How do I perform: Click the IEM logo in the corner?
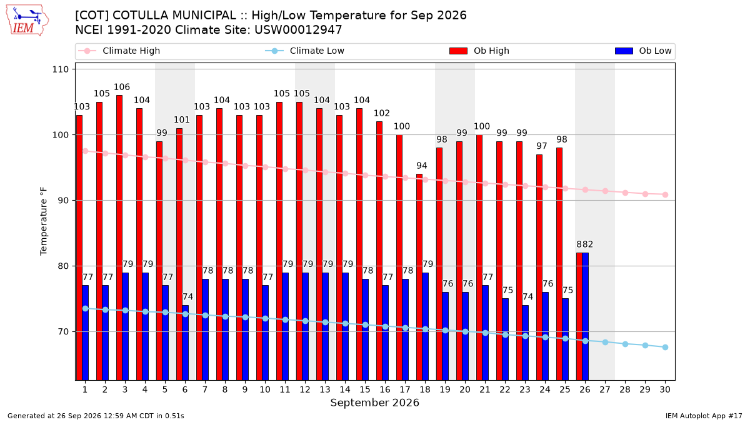27,21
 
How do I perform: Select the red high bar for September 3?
119,238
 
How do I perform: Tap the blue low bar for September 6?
185,343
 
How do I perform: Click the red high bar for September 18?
419,277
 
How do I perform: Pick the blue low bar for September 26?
585,316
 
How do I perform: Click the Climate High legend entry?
119,51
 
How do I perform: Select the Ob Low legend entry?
643,51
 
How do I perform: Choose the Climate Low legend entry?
305,51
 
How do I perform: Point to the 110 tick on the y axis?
60,69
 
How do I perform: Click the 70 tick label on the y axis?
63,331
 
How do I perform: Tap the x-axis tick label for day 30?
665,389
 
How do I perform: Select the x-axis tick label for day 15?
365,389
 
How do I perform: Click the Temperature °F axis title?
44,221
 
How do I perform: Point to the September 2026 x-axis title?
374,403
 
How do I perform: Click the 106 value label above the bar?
122,87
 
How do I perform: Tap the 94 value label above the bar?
422,166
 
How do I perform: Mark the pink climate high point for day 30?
665,194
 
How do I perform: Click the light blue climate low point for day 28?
625,344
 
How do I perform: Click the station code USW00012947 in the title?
298,30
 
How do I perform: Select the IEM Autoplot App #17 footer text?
704,416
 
